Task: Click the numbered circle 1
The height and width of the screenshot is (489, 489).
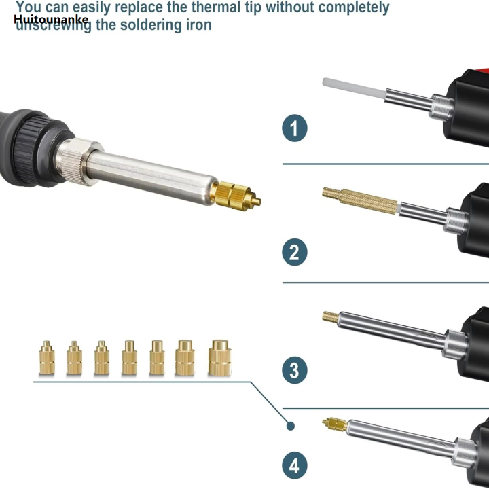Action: [x=295, y=128]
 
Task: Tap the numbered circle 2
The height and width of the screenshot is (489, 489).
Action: [x=295, y=252]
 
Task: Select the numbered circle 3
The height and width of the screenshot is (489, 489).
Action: [x=295, y=370]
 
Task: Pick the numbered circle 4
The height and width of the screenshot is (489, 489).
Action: [x=295, y=466]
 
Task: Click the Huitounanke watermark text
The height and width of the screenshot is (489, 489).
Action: [x=51, y=20]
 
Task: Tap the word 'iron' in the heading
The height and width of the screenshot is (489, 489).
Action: [x=196, y=25]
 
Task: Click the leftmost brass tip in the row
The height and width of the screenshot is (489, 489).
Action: [x=46, y=357]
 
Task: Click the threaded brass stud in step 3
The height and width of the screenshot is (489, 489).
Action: [x=331, y=315]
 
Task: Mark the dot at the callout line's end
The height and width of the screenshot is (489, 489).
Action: [x=291, y=426]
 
